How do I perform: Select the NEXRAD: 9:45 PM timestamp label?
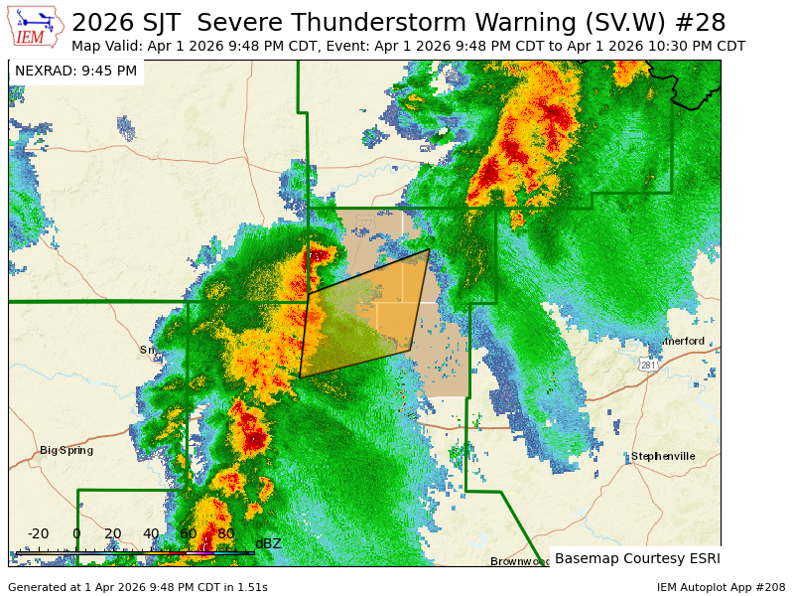coord(75,71)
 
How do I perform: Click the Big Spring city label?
coord(66,450)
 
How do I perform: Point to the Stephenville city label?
coord(663,456)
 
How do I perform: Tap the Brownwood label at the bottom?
coord(519,561)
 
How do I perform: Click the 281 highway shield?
coord(648,366)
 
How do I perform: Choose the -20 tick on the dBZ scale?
coord(38,533)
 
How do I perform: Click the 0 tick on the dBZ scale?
coord(76,533)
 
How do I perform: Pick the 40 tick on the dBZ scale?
coord(151,533)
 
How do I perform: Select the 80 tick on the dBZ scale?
coord(226,533)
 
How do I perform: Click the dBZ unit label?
coord(268,543)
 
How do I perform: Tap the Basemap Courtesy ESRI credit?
coord(637,558)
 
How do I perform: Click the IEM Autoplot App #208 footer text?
coord(721,587)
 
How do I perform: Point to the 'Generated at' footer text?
coord(137,587)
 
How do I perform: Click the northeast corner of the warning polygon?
coord(429,249)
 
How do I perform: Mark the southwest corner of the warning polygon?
coord(300,377)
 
